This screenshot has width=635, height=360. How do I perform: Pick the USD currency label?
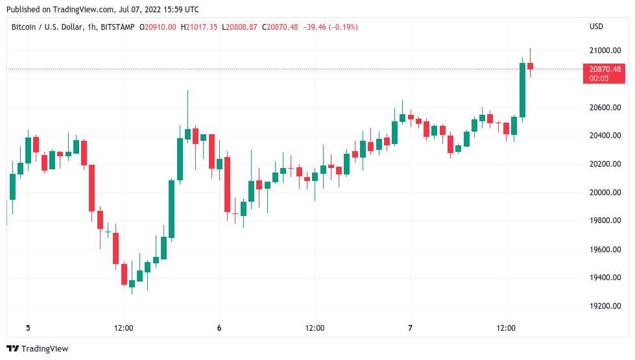point(596,27)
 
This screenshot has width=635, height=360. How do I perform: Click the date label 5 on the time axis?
point(28,328)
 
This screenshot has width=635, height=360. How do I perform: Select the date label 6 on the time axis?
point(219,328)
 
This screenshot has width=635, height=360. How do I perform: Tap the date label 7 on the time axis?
point(411,328)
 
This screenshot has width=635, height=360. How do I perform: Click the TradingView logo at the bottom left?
point(37,349)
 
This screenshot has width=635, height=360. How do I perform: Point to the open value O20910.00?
point(158,27)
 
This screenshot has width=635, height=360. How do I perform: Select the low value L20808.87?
point(240,27)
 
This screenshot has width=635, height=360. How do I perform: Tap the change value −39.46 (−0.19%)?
point(329,27)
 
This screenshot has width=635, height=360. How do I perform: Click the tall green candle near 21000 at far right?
point(522,90)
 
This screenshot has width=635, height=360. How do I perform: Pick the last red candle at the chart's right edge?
point(530,66)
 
